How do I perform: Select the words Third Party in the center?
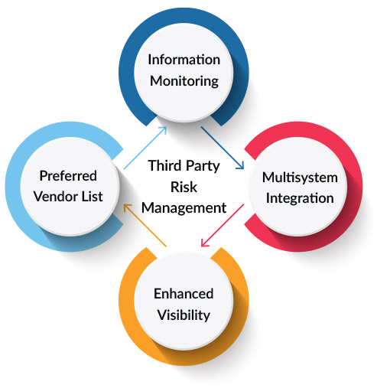(187, 166)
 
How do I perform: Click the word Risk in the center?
(187, 186)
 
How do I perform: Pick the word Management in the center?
(187, 207)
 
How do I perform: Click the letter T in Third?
(152, 166)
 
